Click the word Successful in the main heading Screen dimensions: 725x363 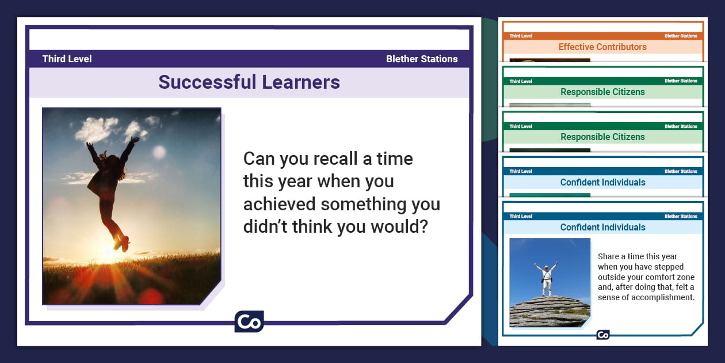pos(207,82)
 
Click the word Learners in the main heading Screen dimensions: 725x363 pos(301,82)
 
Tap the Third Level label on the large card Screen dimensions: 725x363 pos(67,59)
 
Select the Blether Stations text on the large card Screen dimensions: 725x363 pos(422,59)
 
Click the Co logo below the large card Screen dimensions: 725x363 pos(249,322)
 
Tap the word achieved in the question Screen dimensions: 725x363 pos(279,204)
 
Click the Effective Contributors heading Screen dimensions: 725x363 pos(602,47)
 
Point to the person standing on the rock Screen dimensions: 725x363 pos(546,279)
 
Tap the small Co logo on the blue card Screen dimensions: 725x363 pos(602,335)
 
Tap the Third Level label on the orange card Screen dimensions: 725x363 pos(520,36)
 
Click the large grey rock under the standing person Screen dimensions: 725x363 pos(550,311)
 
